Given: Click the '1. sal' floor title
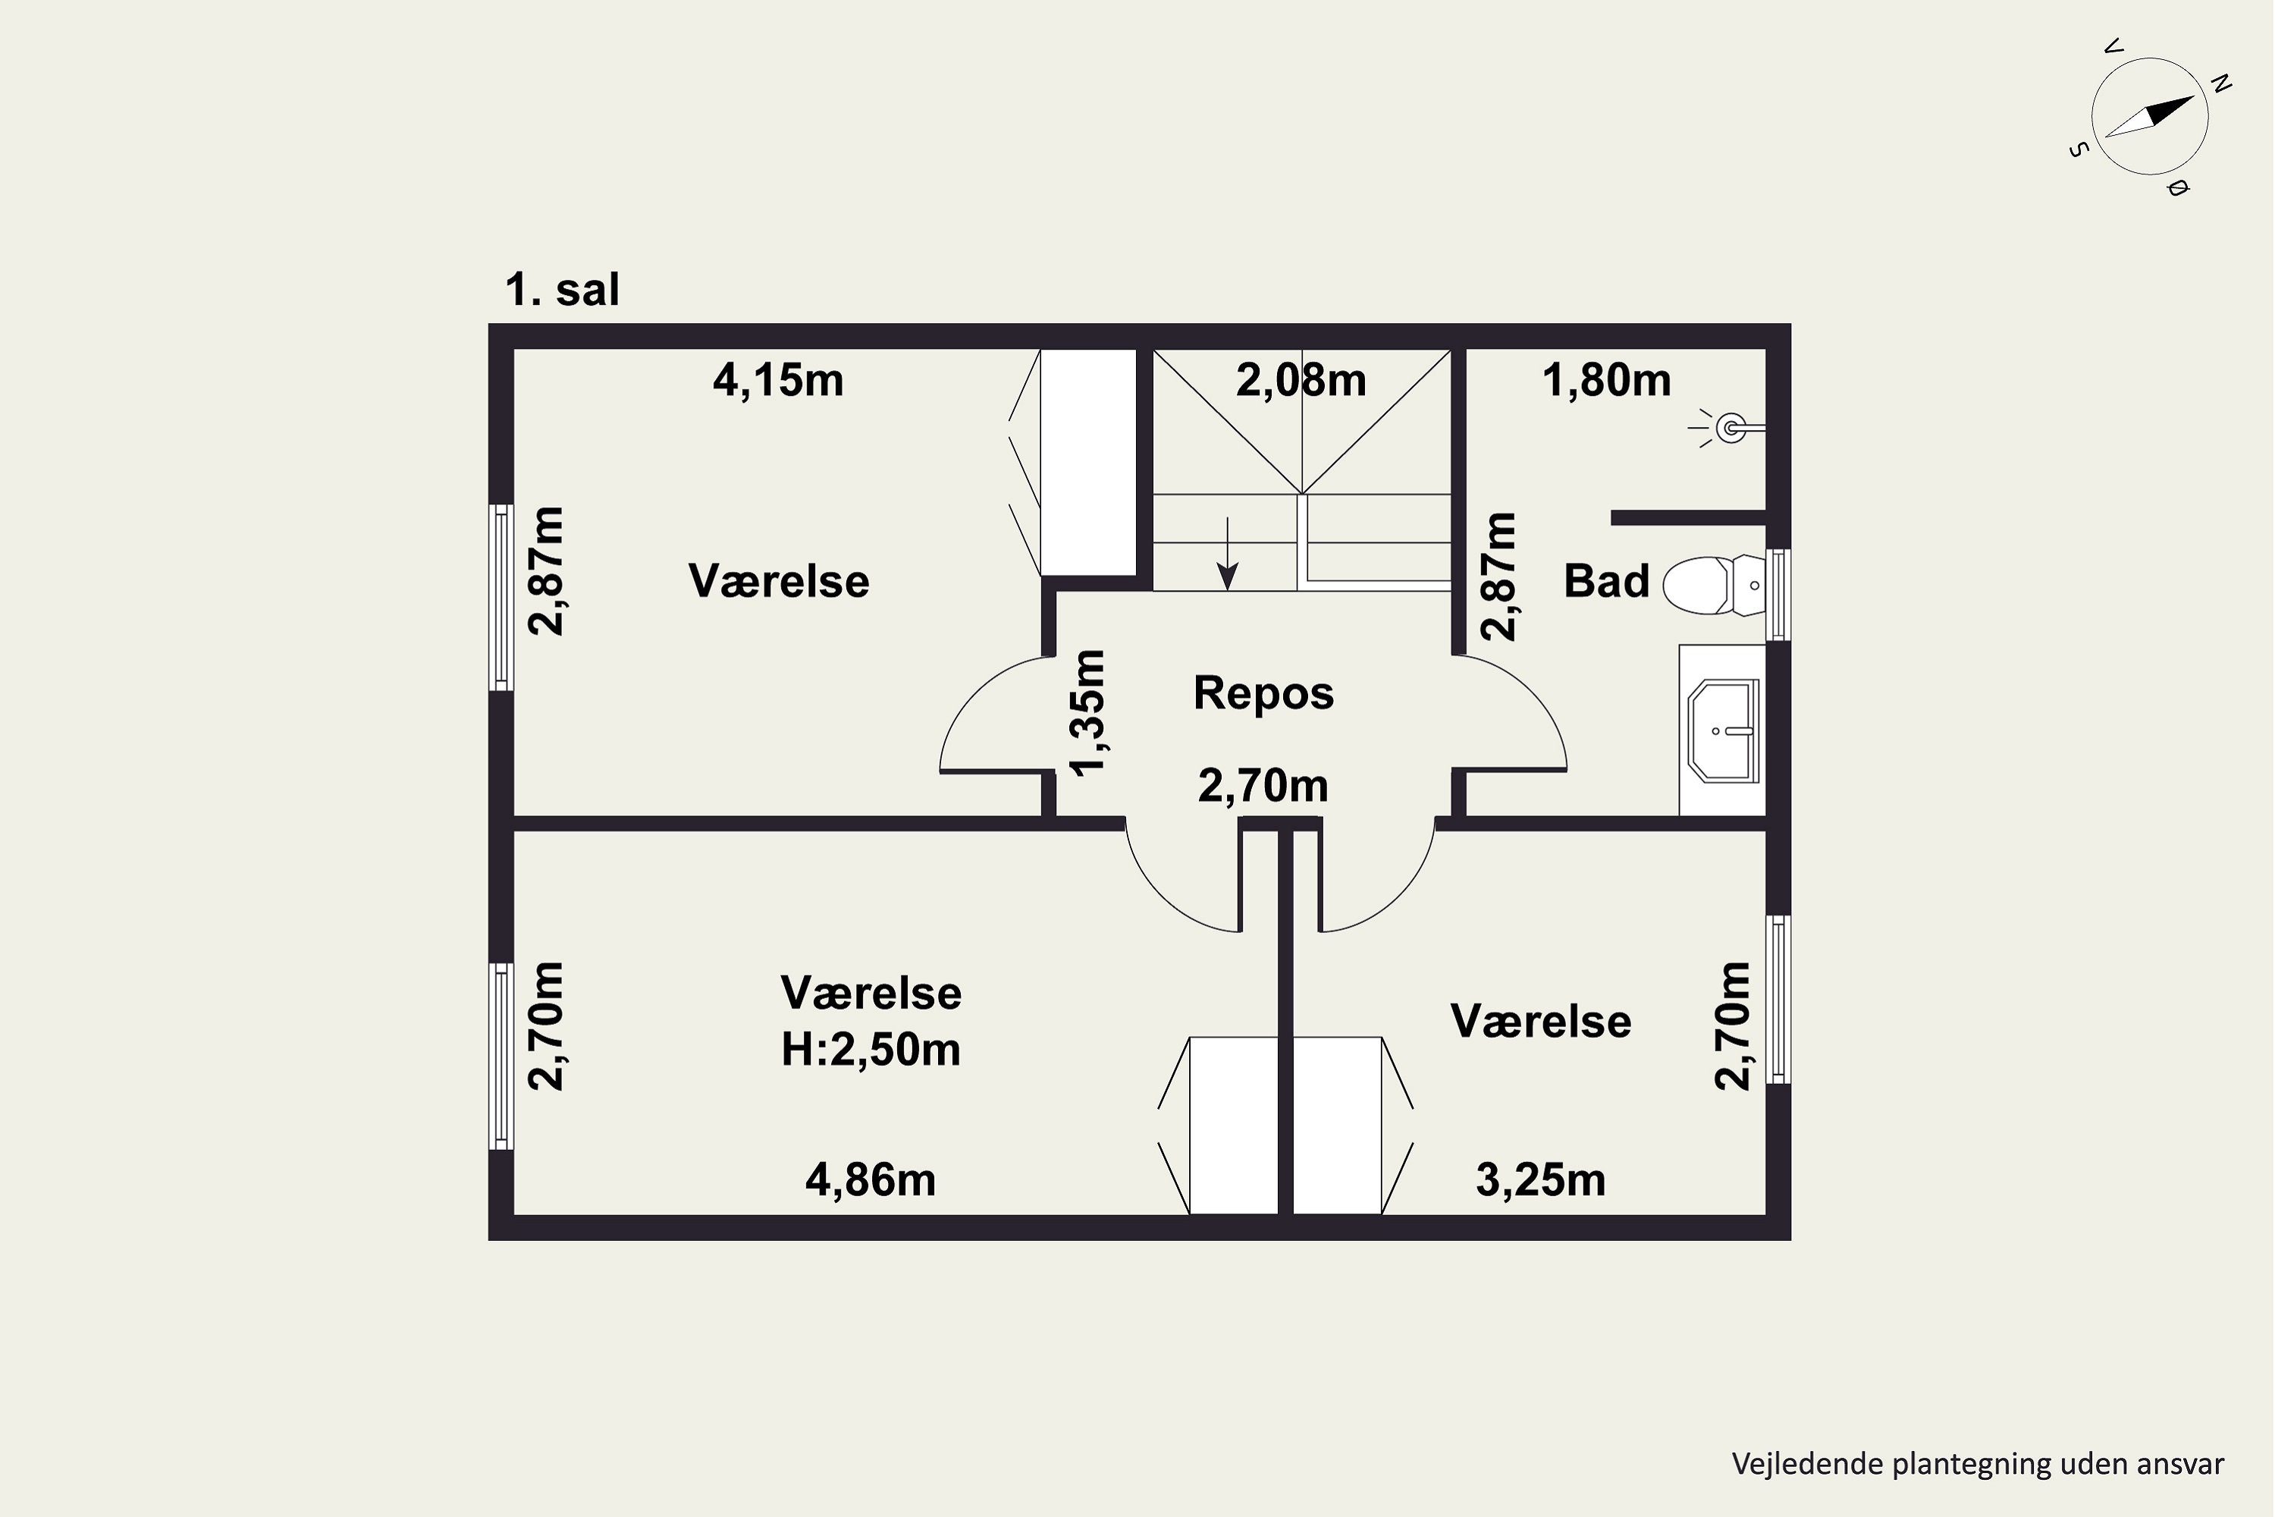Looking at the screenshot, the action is pyautogui.click(x=562, y=289).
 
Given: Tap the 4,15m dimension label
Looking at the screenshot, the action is pyautogui.click(x=778, y=380).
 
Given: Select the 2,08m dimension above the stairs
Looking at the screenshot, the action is pyautogui.click(x=1301, y=380).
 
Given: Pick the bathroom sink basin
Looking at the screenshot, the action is pyautogui.click(x=1724, y=730).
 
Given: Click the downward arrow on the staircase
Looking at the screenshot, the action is pyautogui.click(x=1228, y=554).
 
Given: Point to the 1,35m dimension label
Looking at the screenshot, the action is pyautogui.click(x=1087, y=712).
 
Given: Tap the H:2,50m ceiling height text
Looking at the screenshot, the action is pyautogui.click(x=871, y=1049).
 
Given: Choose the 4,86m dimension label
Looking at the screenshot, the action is pyautogui.click(x=871, y=1180).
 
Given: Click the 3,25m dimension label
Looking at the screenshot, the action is pyautogui.click(x=1540, y=1180).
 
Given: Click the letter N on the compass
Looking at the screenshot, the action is pyautogui.click(x=2221, y=84).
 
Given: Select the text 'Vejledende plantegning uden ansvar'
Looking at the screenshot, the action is pyautogui.click(x=1978, y=1464).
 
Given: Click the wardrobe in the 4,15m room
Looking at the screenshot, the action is pyautogui.click(x=1087, y=463).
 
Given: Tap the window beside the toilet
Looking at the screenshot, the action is pyautogui.click(x=1778, y=595).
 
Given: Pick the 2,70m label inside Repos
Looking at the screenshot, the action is pyautogui.click(x=1263, y=786).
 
